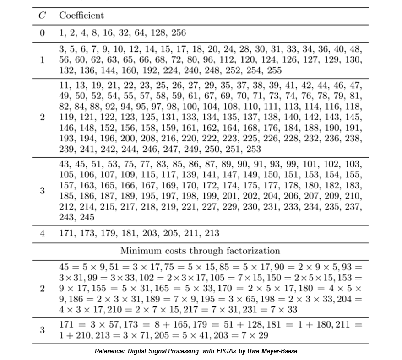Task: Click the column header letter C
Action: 42,15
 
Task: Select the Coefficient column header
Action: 81,15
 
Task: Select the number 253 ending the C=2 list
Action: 253,149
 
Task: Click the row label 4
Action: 42,233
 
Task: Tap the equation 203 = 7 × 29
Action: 241,335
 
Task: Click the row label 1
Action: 42,59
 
